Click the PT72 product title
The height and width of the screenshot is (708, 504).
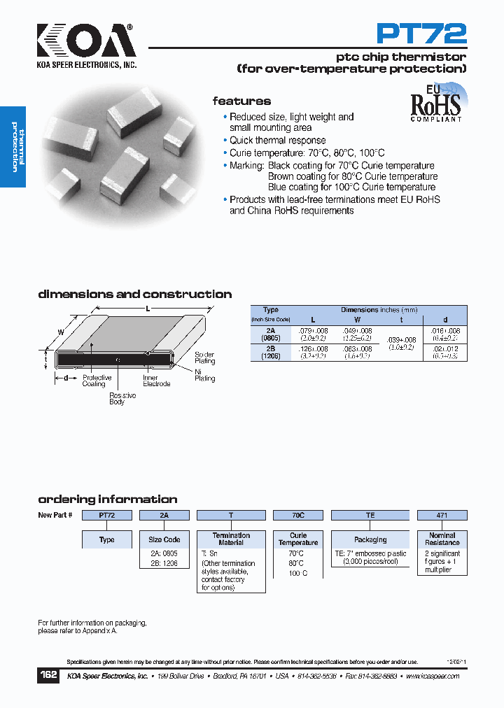pos(421,33)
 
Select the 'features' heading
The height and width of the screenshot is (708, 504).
pos(241,101)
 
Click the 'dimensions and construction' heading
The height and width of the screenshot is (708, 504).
pos(134,295)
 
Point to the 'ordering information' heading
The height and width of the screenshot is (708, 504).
pos(107,500)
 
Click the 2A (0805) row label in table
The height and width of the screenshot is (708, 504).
pos(270,333)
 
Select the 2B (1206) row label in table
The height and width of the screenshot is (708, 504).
pos(270,352)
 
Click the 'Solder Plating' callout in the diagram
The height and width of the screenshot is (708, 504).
pos(204,358)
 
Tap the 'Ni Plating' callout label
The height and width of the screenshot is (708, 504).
pos(204,375)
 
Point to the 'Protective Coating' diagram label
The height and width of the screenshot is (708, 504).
pos(97,381)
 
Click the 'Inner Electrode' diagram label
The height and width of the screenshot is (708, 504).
pos(156,381)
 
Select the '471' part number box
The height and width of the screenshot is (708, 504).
pos(442,515)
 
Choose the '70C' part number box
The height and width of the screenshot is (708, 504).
pos(297,515)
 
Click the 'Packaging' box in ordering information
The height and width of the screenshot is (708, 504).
pos(370,539)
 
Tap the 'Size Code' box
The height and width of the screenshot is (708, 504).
pos(164,539)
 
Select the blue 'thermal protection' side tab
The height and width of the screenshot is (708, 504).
pos(13,147)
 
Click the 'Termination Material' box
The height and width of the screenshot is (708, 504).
pos(231,539)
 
